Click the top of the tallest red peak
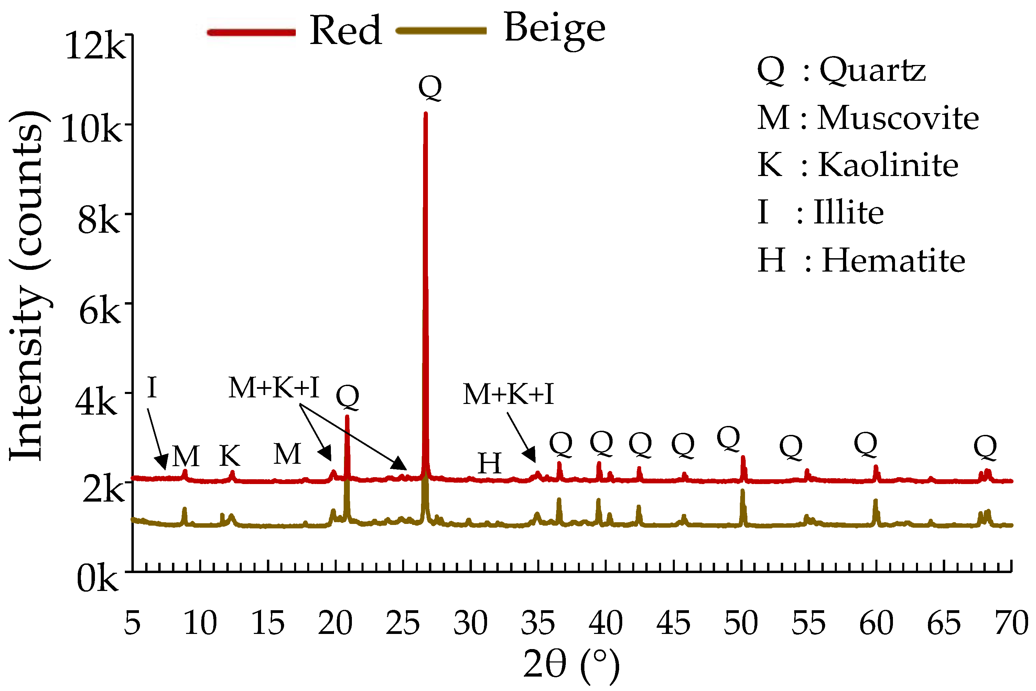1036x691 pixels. [425, 114]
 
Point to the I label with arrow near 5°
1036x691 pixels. [152, 388]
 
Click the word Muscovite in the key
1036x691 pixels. [898, 118]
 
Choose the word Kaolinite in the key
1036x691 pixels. [888, 165]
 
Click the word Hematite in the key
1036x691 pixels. [894, 261]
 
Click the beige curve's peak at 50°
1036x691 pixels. [742, 491]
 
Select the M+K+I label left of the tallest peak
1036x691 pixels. [273, 388]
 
